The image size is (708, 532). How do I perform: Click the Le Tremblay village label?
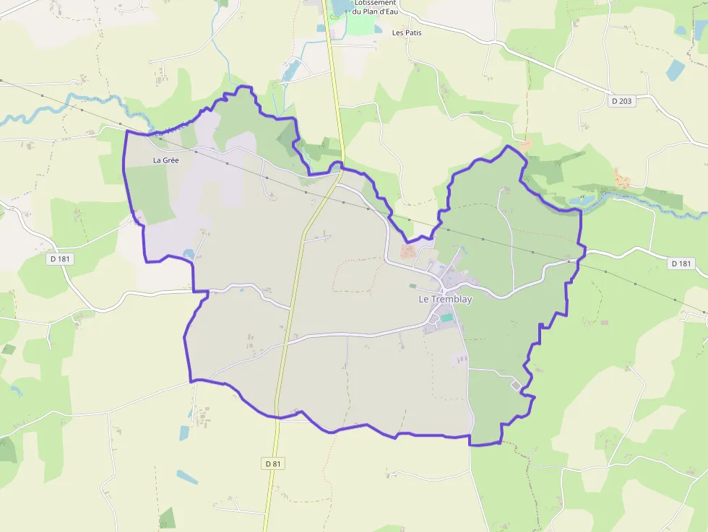(x=445, y=299)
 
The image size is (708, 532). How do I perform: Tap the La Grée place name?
(x=165, y=160)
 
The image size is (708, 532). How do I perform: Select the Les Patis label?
(x=407, y=32)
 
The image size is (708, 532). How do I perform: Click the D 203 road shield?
(x=621, y=101)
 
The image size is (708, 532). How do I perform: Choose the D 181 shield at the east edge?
(x=681, y=263)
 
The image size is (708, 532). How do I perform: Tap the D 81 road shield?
(x=272, y=463)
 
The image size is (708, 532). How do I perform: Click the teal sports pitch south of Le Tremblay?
(x=447, y=318)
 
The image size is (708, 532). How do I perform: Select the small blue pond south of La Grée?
(x=189, y=253)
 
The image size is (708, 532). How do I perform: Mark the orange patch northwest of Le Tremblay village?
(x=407, y=251)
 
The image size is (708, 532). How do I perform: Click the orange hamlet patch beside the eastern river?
(x=621, y=177)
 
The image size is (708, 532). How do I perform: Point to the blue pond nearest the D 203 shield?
(x=675, y=70)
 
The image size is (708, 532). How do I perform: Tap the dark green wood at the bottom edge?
(x=167, y=518)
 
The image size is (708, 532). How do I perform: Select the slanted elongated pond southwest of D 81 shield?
(x=187, y=477)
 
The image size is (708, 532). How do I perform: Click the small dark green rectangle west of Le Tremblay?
(x=8, y=349)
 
